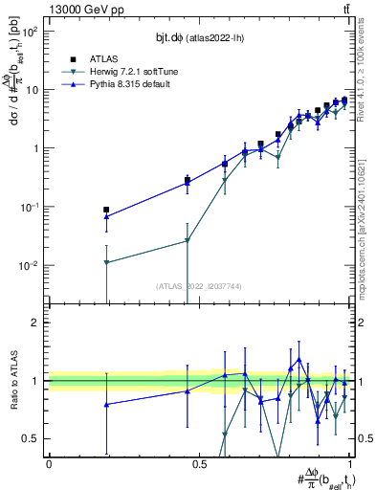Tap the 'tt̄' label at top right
(x=344, y=9)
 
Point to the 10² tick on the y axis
(x=31, y=32)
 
